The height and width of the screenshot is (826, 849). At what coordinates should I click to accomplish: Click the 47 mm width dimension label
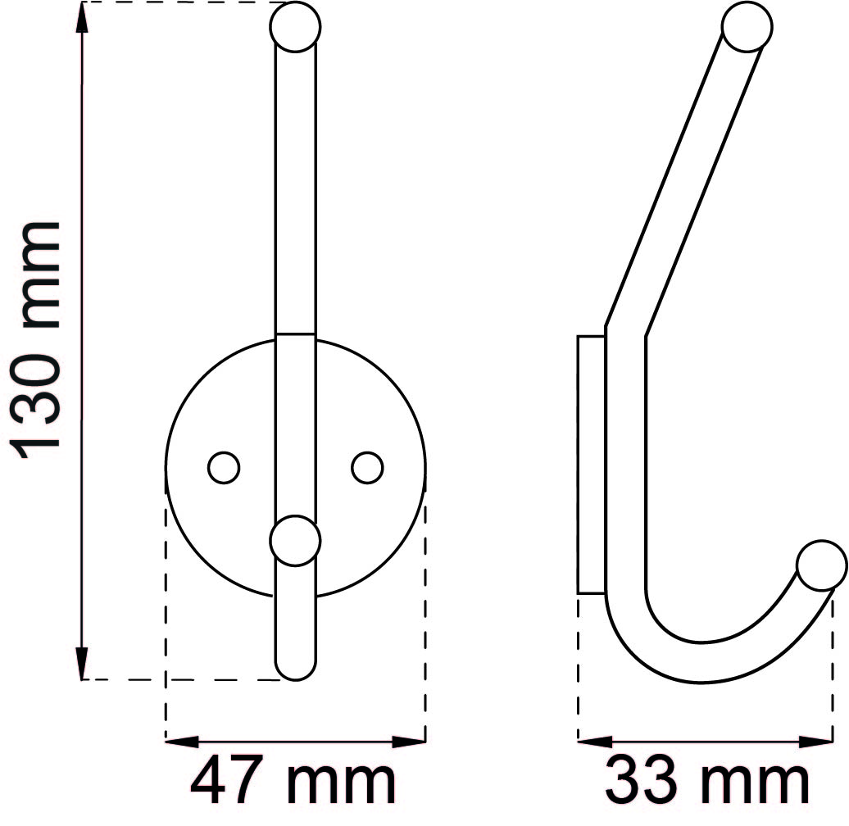point(293,783)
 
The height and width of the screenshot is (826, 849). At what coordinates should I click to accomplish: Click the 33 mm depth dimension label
point(706,783)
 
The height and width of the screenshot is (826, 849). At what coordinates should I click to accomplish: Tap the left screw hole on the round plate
point(223,468)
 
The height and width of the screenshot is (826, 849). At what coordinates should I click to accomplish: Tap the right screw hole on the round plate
point(367,468)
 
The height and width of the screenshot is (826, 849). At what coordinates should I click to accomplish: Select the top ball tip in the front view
point(295,27)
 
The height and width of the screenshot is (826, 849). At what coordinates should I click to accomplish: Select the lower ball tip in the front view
point(295,541)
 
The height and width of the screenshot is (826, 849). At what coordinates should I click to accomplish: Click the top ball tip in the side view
point(747,27)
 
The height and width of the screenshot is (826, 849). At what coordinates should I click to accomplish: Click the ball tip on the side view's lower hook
point(822,565)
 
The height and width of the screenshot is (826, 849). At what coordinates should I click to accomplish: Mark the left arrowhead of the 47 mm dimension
point(182,742)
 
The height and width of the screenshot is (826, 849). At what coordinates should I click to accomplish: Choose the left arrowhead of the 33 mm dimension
point(594,742)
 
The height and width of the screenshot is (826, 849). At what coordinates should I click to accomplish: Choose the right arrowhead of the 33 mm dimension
point(818,742)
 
